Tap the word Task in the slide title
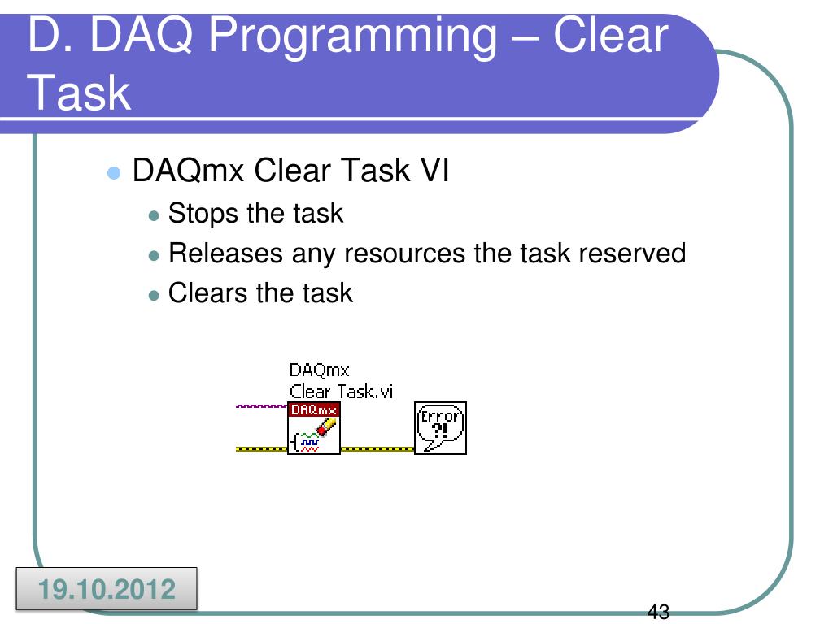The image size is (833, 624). pyautogui.click(x=79, y=93)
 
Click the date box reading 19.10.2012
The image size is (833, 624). pyautogui.click(x=107, y=589)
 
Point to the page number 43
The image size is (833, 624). pyautogui.click(x=658, y=613)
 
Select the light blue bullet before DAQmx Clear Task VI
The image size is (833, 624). pyautogui.click(x=114, y=173)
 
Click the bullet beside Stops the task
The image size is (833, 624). pyautogui.click(x=154, y=216)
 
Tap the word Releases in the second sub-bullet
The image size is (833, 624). pyautogui.click(x=225, y=253)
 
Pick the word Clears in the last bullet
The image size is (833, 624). pyautogui.click(x=208, y=292)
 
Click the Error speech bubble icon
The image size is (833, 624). pyautogui.click(x=440, y=428)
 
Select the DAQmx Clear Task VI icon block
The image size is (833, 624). pyautogui.click(x=314, y=428)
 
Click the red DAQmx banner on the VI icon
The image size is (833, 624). pyautogui.click(x=314, y=409)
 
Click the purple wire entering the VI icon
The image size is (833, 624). pyautogui.click(x=261, y=406)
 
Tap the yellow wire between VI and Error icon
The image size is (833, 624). pyautogui.click(x=377, y=449)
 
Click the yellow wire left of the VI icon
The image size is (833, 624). pyautogui.click(x=261, y=449)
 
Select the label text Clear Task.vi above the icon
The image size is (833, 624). pyautogui.click(x=341, y=392)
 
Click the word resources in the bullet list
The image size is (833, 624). pyautogui.click(x=405, y=253)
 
